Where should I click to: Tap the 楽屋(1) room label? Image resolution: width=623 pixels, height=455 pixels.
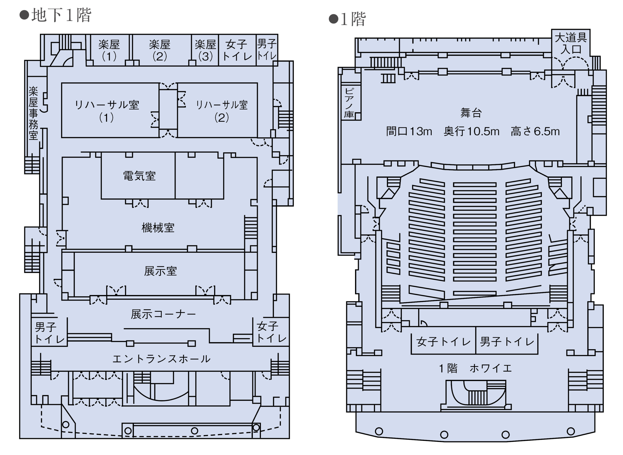[109, 50]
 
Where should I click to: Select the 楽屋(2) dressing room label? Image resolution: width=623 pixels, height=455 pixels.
[160, 50]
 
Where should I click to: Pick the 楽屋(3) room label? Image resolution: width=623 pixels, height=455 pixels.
[205, 50]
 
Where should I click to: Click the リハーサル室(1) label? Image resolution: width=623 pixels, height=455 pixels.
[107, 111]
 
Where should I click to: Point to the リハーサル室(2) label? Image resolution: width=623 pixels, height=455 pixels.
[221, 111]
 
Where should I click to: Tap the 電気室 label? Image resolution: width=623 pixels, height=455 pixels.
[139, 176]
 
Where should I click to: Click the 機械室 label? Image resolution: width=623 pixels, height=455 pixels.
[158, 228]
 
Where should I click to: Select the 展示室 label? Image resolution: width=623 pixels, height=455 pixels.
[160, 271]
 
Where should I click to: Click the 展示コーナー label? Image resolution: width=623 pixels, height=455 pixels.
[163, 314]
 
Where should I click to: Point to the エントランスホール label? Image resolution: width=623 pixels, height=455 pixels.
[161, 359]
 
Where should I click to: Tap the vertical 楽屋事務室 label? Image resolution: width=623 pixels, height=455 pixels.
[33, 113]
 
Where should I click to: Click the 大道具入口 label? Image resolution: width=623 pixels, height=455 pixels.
[571, 43]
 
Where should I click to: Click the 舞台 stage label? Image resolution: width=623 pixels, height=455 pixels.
[471, 113]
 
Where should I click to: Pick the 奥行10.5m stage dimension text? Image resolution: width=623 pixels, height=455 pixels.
[471, 131]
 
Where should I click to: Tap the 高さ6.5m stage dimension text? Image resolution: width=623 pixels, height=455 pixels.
[535, 131]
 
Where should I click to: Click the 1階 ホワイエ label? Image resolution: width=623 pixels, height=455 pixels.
[475, 368]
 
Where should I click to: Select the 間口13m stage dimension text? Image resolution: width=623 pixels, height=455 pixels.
[409, 131]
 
